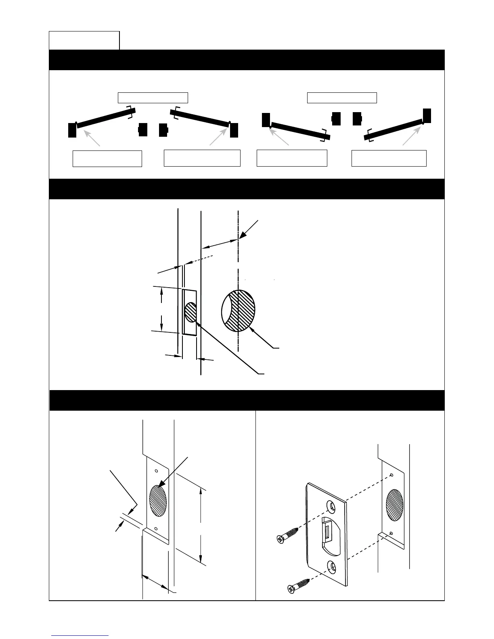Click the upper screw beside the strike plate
point(288,535)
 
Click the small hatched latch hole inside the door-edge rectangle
point(190,312)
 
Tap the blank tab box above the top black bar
point(84,40)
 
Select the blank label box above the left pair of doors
point(153,97)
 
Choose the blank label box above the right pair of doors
point(342,98)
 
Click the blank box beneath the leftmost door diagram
point(107,159)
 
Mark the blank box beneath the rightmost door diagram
point(389,158)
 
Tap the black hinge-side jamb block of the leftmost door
point(72,130)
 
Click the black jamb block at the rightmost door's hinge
point(427,115)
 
